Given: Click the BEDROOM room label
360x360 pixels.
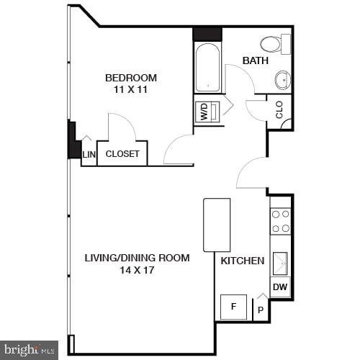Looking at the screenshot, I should [130, 78].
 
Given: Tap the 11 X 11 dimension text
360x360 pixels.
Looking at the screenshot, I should [130, 89].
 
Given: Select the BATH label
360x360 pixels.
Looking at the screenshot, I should [255, 60].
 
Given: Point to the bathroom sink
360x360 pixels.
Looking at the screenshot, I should [282, 79].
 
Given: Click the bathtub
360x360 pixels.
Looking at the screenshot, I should [207, 68].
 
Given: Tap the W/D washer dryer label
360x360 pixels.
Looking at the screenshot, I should [204, 112].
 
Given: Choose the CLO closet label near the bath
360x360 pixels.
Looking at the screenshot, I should [279, 109].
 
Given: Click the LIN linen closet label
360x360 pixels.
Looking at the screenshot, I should [89, 154].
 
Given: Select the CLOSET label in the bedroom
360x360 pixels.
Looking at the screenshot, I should [122, 153].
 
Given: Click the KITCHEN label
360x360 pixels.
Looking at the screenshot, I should [242, 261].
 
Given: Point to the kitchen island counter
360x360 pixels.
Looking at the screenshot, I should [217, 225].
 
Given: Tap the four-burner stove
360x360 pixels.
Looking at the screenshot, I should [281, 221].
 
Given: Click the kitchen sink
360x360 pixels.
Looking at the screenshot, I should [280, 263].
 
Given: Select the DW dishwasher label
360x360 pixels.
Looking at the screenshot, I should [280, 288].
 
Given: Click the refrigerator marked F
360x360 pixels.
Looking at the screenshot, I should [233, 307].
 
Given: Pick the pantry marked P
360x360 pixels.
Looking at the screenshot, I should [259, 311].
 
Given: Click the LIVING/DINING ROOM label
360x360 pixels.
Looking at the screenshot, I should [137, 258].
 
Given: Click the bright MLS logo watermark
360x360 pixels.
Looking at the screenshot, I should [29, 349].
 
